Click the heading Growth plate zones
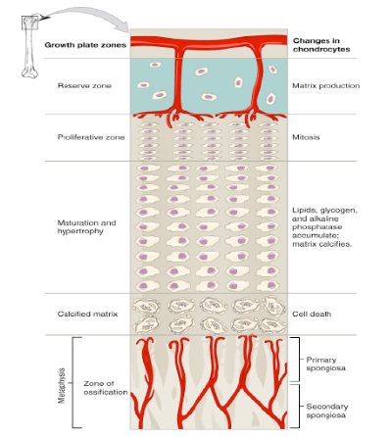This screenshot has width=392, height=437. click(85, 45)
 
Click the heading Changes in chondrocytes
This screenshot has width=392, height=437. click(321, 45)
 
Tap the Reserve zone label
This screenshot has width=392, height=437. click(84, 85)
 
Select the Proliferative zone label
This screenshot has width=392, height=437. click(91, 137)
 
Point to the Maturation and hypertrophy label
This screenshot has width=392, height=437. click(86, 227)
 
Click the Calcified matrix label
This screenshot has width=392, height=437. click(87, 314)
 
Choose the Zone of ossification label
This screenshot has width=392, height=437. click(105, 388)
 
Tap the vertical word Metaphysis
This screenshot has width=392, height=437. click(61, 385)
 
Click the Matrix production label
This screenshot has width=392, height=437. click(325, 85)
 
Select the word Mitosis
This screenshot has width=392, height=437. click(306, 137)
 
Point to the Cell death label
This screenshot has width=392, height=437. click(312, 314)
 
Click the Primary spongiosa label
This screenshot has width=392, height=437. click(325, 364)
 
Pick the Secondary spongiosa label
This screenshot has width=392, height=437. click(327, 411)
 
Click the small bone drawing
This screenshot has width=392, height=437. click(30, 46)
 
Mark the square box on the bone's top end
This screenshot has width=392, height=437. click(30, 23)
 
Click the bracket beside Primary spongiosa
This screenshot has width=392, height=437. click(297, 360)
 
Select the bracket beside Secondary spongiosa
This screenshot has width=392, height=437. click(297, 406)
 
